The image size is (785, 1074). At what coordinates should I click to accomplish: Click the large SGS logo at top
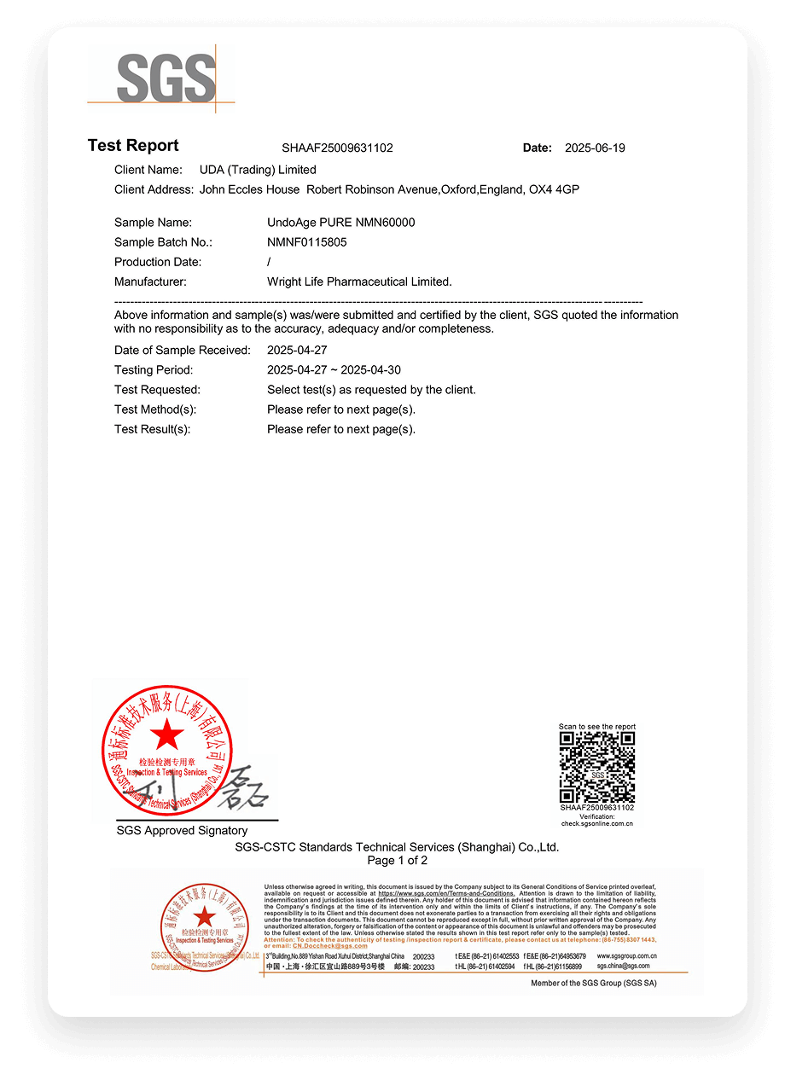pyautogui.click(x=166, y=78)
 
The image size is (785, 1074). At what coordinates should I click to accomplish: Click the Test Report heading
pyautogui.click(x=133, y=146)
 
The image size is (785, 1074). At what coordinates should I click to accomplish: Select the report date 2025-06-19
pyautogui.click(x=595, y=148)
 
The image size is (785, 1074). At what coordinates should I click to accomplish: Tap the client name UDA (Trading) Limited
pyautogui.click(x=258, y=170)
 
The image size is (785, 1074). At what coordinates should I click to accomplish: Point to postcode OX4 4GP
pyautogui.click(x=555, y=189)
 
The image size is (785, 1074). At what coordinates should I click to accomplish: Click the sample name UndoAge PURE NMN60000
pyautogui.click(x=340, y=223)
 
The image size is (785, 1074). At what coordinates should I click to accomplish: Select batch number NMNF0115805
pyautogui.click(x=306, y=242)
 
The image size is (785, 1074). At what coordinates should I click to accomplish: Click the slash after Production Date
pyautogui.click(x=269, y=262)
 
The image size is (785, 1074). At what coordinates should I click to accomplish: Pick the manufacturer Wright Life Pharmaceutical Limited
pyautogui.click(x=359, y=282)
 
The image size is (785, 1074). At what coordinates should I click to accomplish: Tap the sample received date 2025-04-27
pyautogui.click(x=297, y=351)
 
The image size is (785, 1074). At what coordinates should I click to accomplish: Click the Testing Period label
pyautogui.click(x=154, y=370)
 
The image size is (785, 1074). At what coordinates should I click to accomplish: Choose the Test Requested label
pyautogui.click(x=157, y=390)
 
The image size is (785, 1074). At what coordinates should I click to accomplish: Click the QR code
pyautogui.click(x=597, y=766)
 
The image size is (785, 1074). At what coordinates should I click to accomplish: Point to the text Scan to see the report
pyautogui.click(x=597, y=727)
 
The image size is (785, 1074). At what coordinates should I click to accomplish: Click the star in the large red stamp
pyautogui.click(x=167, y=734)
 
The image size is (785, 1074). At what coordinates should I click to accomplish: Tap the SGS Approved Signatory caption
pyautogui.click(x=182, y=831)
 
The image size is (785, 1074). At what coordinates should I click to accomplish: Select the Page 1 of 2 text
pyautogui.click(x=397, y=861)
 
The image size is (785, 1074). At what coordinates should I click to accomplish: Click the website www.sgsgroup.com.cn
pyautogui.click(x=626, y=956)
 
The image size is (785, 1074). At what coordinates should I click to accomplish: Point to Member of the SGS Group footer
pyautogui.click(x=594, y=984)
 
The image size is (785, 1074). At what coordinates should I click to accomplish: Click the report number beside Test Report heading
pyautogui.click(x=337, y=148)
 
